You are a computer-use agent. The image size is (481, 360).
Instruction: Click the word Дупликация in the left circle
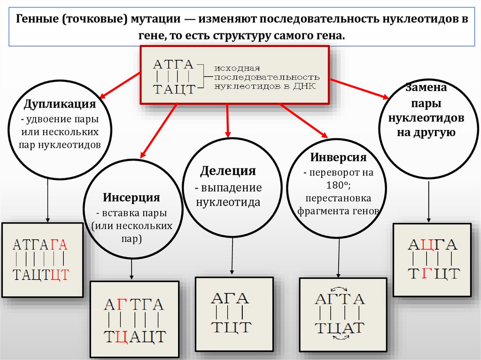pyautogui.click(x=60, y=104)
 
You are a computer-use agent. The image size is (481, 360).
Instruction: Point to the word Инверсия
pyautogui.click(x=338, y=157)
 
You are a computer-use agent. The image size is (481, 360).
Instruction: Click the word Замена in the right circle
pyautogui.click(x=426, y=88)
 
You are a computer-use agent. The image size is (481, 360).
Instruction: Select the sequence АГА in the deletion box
pyautogui.click(x=230, y=298)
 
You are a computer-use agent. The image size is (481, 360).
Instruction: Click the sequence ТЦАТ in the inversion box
pyautogui.click(x=340, y=328)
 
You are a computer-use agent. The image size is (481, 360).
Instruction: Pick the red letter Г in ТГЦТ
pyautogui.click(x=425, y=272)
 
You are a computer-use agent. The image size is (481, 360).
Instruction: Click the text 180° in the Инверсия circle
pyautogui.click(x=338, y=184)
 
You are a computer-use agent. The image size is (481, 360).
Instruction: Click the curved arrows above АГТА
pyautogui.click(x=339, y=289)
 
